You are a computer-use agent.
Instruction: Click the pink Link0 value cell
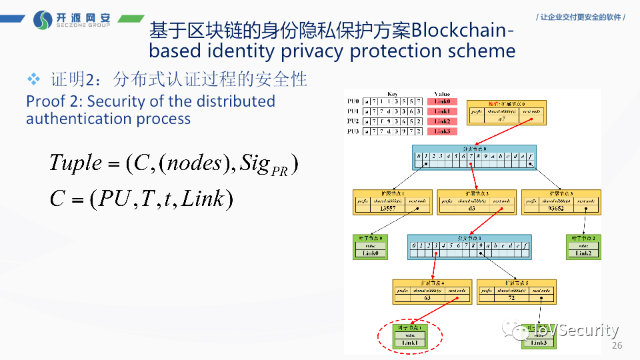click(442, 101)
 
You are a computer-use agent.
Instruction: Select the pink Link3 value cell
click(442, 131)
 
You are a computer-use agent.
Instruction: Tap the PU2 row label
click(353, 121)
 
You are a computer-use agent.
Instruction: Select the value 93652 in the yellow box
click(555, 209)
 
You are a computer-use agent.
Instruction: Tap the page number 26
click(617, 345)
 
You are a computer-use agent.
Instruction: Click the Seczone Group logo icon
click(43, 20)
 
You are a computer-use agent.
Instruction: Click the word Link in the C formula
click(203, 198)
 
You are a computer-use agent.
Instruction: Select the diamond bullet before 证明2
click(34, 79)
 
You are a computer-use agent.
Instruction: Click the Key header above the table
click(393, 94)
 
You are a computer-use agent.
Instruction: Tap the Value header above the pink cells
click(442, 94)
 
